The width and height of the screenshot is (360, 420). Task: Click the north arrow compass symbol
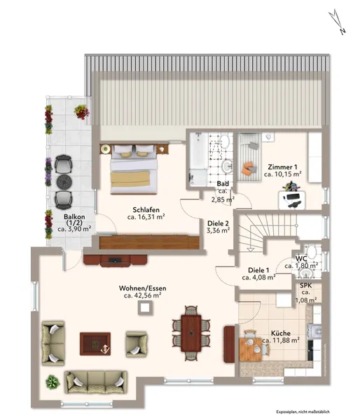[337, 21]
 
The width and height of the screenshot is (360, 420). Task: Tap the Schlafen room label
[146, 210]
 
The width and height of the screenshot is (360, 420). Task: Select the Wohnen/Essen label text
[143, 288]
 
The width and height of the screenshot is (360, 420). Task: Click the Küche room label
[281, 333]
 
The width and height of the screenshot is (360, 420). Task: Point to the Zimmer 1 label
[282, 167]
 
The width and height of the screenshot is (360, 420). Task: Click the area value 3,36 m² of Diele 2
[219, 230]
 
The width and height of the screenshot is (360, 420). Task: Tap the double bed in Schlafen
[134, 169]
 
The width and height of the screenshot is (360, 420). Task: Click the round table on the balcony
[64, 182]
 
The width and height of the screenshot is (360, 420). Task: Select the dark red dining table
[191, 333]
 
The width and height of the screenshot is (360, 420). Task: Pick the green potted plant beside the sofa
[53, 382]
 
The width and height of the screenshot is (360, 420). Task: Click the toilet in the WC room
[311, 252]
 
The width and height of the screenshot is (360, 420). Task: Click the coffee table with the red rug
[95, 344]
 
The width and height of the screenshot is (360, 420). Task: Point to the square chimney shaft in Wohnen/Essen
[146, 307]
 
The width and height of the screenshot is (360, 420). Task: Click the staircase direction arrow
[250, 249]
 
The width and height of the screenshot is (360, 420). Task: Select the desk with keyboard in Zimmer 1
[292, 200]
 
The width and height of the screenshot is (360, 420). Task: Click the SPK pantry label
[305, 286]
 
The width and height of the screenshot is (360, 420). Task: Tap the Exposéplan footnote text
[303, 412]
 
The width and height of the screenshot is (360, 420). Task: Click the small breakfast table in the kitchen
[250, 349]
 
